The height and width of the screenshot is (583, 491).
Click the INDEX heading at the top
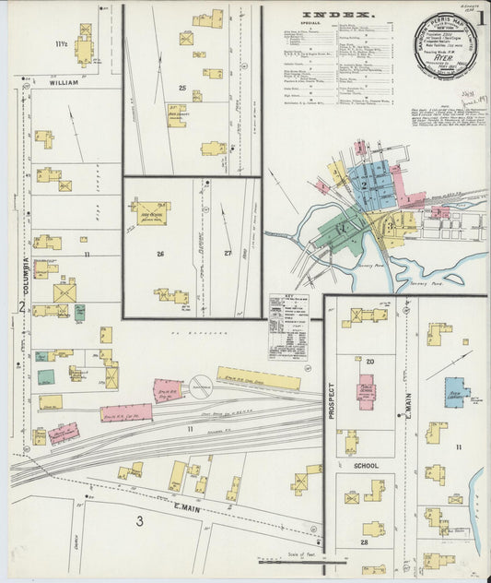[338, 15]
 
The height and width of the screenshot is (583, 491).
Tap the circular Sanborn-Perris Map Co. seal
[446, 46]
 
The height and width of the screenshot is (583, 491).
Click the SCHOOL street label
[366, 467]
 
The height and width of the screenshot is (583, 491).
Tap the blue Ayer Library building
[456, 392]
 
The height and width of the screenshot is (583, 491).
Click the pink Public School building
[366, 393]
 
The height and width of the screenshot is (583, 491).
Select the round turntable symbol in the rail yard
[202, 385]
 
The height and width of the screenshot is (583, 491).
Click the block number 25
[182, 89]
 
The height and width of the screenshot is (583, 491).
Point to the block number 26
[159, 254]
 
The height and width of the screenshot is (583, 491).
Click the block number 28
[365, 543]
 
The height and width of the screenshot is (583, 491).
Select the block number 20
[369, 362]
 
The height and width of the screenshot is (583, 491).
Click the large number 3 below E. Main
[140, 521]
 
